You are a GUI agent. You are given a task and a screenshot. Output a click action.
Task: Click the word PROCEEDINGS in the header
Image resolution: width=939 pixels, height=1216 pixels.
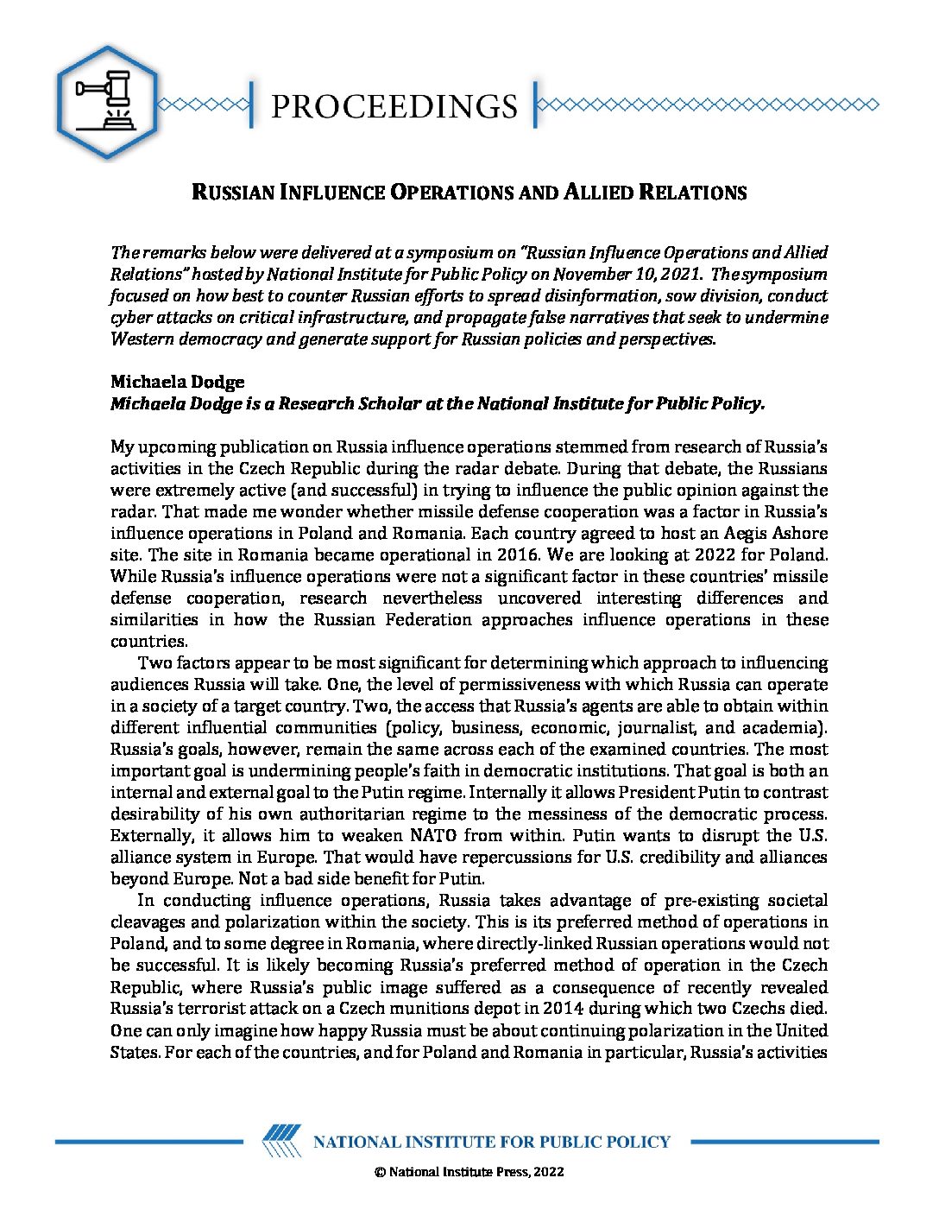(x=394, y=106)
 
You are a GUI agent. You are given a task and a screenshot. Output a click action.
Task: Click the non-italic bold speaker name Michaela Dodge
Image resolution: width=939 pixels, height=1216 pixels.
(x=178, y=382)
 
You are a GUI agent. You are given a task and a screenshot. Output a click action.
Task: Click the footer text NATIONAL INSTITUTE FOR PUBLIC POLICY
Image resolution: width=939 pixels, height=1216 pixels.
(x=491, y=1142)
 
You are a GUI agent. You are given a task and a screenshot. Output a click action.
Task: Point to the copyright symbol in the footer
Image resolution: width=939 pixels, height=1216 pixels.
(x=379, y=1172)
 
